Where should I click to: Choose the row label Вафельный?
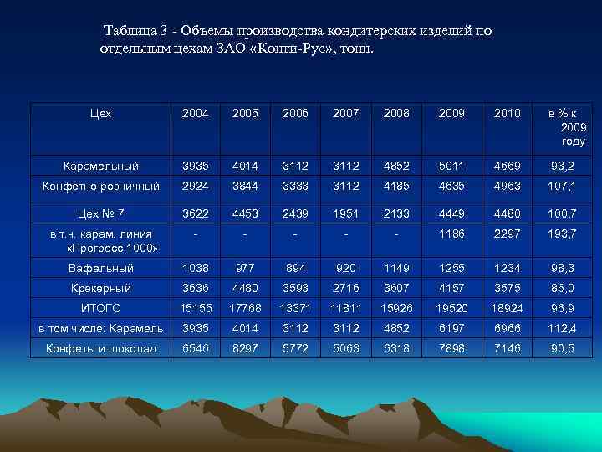point(101,268)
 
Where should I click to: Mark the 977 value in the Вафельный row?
point(244,268)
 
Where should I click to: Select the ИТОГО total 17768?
point(244,308)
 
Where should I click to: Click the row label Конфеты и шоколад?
point(101,348)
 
